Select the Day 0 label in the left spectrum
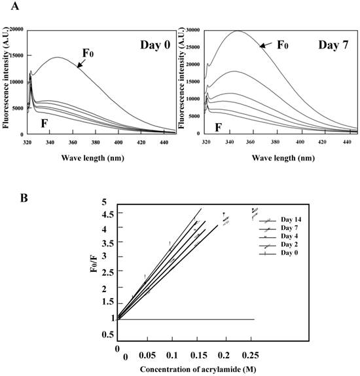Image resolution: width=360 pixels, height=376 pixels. [154, 45]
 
